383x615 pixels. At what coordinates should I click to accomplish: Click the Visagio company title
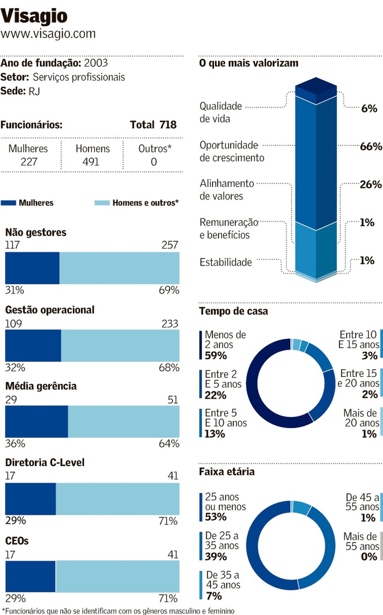click(34, 16)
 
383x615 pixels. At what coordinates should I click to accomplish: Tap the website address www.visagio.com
click(48, 34)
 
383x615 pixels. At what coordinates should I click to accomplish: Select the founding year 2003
click(96, 63)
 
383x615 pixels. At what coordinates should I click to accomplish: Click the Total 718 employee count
click(153, 125)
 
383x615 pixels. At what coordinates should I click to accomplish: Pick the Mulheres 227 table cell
click(29, 155)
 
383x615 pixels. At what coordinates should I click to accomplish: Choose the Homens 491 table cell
click(92, 155)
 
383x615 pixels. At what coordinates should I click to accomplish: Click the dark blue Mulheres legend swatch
click(8, 203)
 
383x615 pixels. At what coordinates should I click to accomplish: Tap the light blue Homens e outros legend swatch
click(102, 203)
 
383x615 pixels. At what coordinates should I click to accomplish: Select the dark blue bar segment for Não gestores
click(32, 268)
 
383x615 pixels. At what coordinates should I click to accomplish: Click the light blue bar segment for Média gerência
click(123, 421)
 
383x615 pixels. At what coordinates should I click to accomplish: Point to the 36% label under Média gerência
click(15, 444)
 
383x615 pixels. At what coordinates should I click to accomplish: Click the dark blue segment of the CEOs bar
click(30, 576)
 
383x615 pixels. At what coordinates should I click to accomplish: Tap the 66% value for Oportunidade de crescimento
click(371, 146)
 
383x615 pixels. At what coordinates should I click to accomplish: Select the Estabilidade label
click(226, 262)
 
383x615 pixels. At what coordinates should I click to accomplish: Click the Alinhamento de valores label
click(226, 189)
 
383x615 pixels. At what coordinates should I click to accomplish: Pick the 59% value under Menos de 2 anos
click(216, 355)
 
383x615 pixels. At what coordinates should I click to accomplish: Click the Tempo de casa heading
click(233, 311)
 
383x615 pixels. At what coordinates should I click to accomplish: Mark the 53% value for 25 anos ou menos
click(216, 517)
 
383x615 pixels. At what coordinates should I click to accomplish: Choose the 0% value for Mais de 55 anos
click(369, 556)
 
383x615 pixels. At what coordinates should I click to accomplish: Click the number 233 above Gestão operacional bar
click(170, 324)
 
